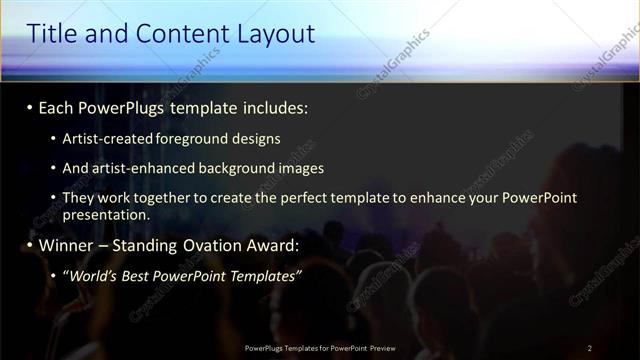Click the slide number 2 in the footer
pos(590,348)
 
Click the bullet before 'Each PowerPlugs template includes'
pos(30,106)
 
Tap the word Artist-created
pos(104,139)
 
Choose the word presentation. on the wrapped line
pos(106,215)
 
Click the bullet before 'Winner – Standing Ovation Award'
pos(30,244)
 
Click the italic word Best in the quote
pos(144,274)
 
